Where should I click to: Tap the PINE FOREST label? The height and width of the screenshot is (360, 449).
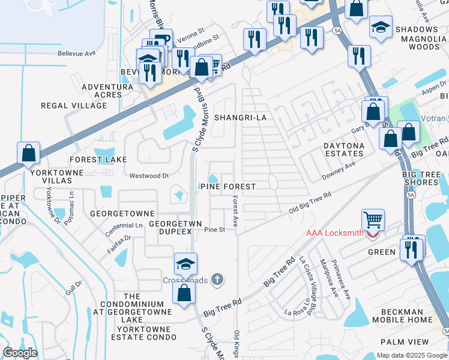(x=232, y=187)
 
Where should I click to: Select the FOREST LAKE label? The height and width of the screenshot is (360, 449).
(x=98, y=160)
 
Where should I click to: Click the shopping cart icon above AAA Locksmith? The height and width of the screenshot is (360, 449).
(x=373, y=220)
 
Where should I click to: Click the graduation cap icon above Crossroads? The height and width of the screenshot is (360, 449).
(x=185, y=263)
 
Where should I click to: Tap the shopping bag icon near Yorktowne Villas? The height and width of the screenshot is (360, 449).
(x=28, y=153)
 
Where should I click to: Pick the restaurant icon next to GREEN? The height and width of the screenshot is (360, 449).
(x=411, y=248)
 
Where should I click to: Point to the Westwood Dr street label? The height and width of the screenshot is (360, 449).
(x=149, y=176)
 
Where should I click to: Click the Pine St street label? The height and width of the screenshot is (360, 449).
(x=214, y=230)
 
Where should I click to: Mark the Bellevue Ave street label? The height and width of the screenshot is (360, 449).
(x=77, y=53)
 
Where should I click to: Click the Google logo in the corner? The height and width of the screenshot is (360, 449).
(x=20, y=353)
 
